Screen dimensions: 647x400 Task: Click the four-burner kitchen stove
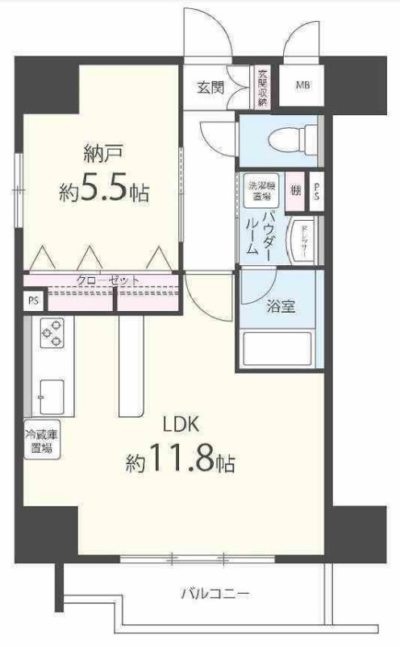point(52,334)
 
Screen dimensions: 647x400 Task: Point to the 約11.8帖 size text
point(181,462)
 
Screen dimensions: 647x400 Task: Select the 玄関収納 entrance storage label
point(262,86)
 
